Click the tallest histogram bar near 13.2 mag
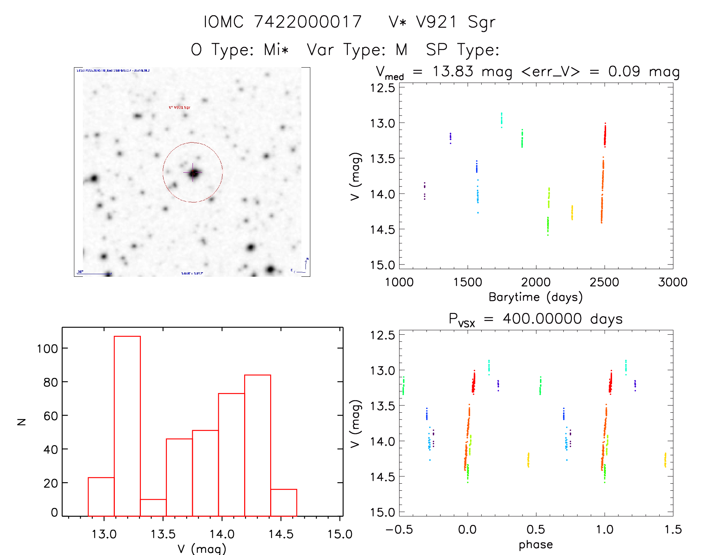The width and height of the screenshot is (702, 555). pyautogui.click(x=127, y=426)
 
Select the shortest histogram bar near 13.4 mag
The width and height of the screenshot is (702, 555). pyautogui.click(x=153, y=507)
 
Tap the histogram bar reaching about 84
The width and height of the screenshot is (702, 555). pyautogui.click(x=258, y=445)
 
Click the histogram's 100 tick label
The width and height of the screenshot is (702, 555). pyautogui.click(x=47, y=348)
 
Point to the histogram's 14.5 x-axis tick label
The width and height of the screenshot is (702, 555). pyautogui.click(x=281, y=534)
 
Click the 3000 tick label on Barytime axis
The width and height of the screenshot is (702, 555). pyautogui.click(x=673, y=282)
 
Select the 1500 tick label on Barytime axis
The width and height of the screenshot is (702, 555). pyautogui.click(x=468, y=282)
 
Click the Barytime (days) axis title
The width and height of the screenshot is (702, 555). pyautogui.click(x=536, y=297)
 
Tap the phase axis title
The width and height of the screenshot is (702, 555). pyautogui.click(x=536, y=545)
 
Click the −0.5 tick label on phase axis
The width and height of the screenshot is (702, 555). pyautogui.click(x=399, y=529)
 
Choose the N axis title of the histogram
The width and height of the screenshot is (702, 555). pyautogui.click(x=22, y=422)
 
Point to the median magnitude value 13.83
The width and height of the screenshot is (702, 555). pyautogui.click(x=453, y=71)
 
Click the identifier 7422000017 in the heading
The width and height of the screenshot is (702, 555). pyautogui.click(x=308, y=22)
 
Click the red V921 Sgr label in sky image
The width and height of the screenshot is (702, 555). pyautogui.click(x=179, y=107)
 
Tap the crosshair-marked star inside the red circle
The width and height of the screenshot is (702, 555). pyautogui.click(x=193, y=173)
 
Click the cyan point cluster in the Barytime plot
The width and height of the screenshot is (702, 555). pyautogui.click(x=501, y=119)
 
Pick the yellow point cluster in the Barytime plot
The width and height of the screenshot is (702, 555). pyautogui.click(x=572, y=212)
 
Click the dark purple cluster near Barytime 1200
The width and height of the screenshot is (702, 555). pyautogui.click(x=424, y=191)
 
